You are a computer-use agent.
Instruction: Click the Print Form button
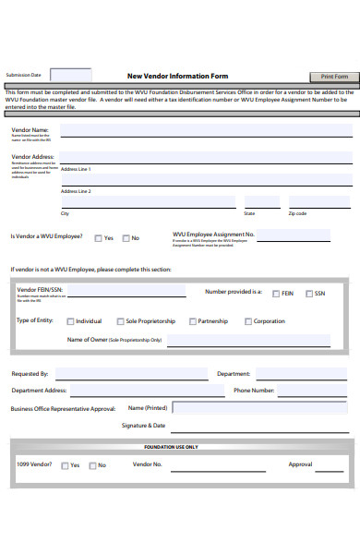pyautogui.click(x=333, y=77)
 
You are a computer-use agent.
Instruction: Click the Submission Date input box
pyautogui.click(x=70, y=75)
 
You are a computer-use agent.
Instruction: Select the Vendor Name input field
pyautogui.click(x=205, y=131)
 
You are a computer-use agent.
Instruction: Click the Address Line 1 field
pyautogui.click(x=205, y=180)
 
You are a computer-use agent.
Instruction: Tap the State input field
pyautogui.click(x=261, y=202)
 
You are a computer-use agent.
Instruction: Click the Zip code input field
pyautogui.click(x=319, y=202)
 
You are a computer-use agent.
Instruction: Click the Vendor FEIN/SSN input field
pyautogui.click(x=126, y=293)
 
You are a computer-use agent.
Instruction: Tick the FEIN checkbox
pyautogui.click(x=276, y=294)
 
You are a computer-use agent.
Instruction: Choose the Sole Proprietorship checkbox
pyautogui.click(x=120, y=322)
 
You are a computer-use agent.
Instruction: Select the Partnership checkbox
pyautogui.click(x=192, y=322)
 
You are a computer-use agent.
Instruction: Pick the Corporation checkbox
pyautogui.click(x=247, y=322)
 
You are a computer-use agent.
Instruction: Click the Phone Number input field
pyautogui.click(x=313, y=391)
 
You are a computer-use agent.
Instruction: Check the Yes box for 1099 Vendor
pyautogui.click(x=65, y=465)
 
